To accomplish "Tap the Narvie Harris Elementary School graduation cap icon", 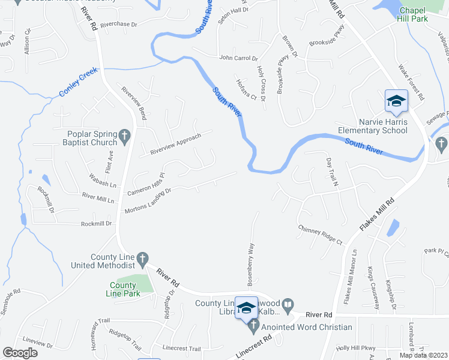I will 396,102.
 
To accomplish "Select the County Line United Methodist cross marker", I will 142,259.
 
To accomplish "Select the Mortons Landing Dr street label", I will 148,201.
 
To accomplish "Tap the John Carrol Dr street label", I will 238,58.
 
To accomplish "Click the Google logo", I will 20,353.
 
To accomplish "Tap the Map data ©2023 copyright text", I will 424,355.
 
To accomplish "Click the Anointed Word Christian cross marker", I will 253,328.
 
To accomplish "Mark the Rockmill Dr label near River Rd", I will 97,224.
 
